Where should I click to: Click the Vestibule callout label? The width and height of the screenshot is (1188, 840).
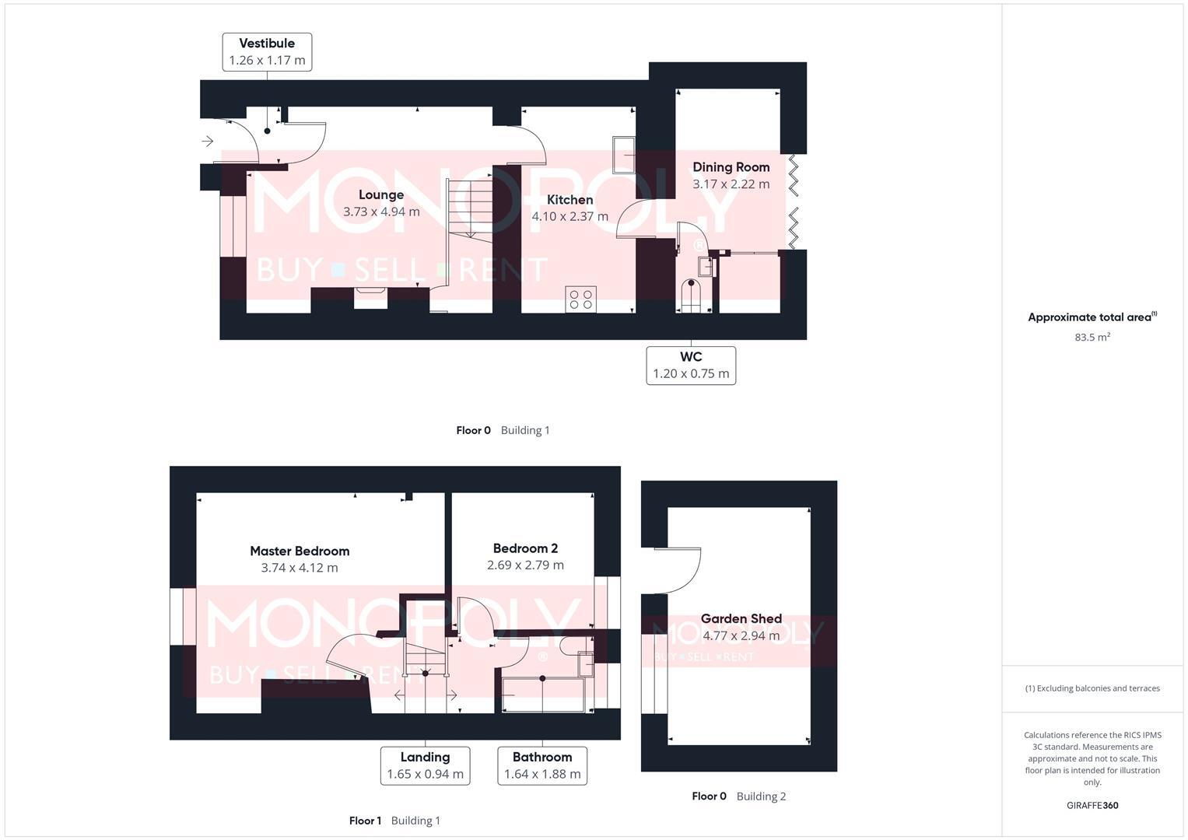coord(267,51)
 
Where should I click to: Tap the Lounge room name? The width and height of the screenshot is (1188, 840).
coord(381,194)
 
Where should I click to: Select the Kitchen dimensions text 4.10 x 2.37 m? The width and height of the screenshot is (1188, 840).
coord(569,216)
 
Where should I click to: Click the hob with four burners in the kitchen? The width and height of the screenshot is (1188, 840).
coord(581,299)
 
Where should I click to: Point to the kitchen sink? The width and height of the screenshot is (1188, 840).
coord(624,155)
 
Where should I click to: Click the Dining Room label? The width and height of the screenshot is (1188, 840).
coord(731,166)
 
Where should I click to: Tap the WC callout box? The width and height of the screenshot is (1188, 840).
coord(691,365)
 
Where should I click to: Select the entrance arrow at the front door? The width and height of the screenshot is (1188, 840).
coord(208,141)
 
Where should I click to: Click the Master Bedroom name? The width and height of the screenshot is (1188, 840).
coord(300,551)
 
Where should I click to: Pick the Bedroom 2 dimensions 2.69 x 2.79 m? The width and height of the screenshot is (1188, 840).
coord(525,565)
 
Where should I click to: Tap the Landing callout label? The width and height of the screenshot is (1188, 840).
coord(425,765)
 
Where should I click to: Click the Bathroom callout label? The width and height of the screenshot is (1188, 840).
coord(542,765)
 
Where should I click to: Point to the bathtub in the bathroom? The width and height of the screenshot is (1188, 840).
coord(543,695)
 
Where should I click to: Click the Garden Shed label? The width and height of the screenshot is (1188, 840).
coord(741,619)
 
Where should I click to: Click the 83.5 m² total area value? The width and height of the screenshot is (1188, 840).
coord(1092,338)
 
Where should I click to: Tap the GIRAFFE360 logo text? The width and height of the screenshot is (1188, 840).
coord(1092,806)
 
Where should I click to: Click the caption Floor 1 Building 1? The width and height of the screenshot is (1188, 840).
coord(394,821)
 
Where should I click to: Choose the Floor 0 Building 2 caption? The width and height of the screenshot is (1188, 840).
coord(738,796)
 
